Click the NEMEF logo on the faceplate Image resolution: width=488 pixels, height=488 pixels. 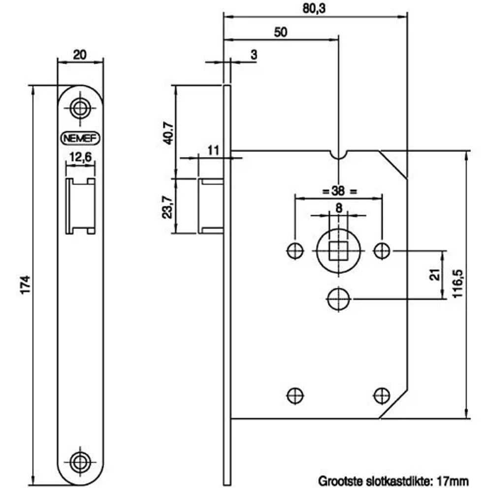(x=80, y=138)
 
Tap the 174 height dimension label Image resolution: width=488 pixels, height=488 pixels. (x=25, y=284)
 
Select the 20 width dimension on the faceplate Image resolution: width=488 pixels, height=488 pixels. (x=80, y=55)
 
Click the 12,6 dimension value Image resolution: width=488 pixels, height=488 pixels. (x=81, y=157)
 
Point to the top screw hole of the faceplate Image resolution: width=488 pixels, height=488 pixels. (x=80, y=108)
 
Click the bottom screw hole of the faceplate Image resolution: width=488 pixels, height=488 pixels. (x=80, y=462)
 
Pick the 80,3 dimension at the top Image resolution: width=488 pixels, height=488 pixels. (x=314, y=8)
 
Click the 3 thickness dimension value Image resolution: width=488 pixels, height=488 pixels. (x=254, y=55)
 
